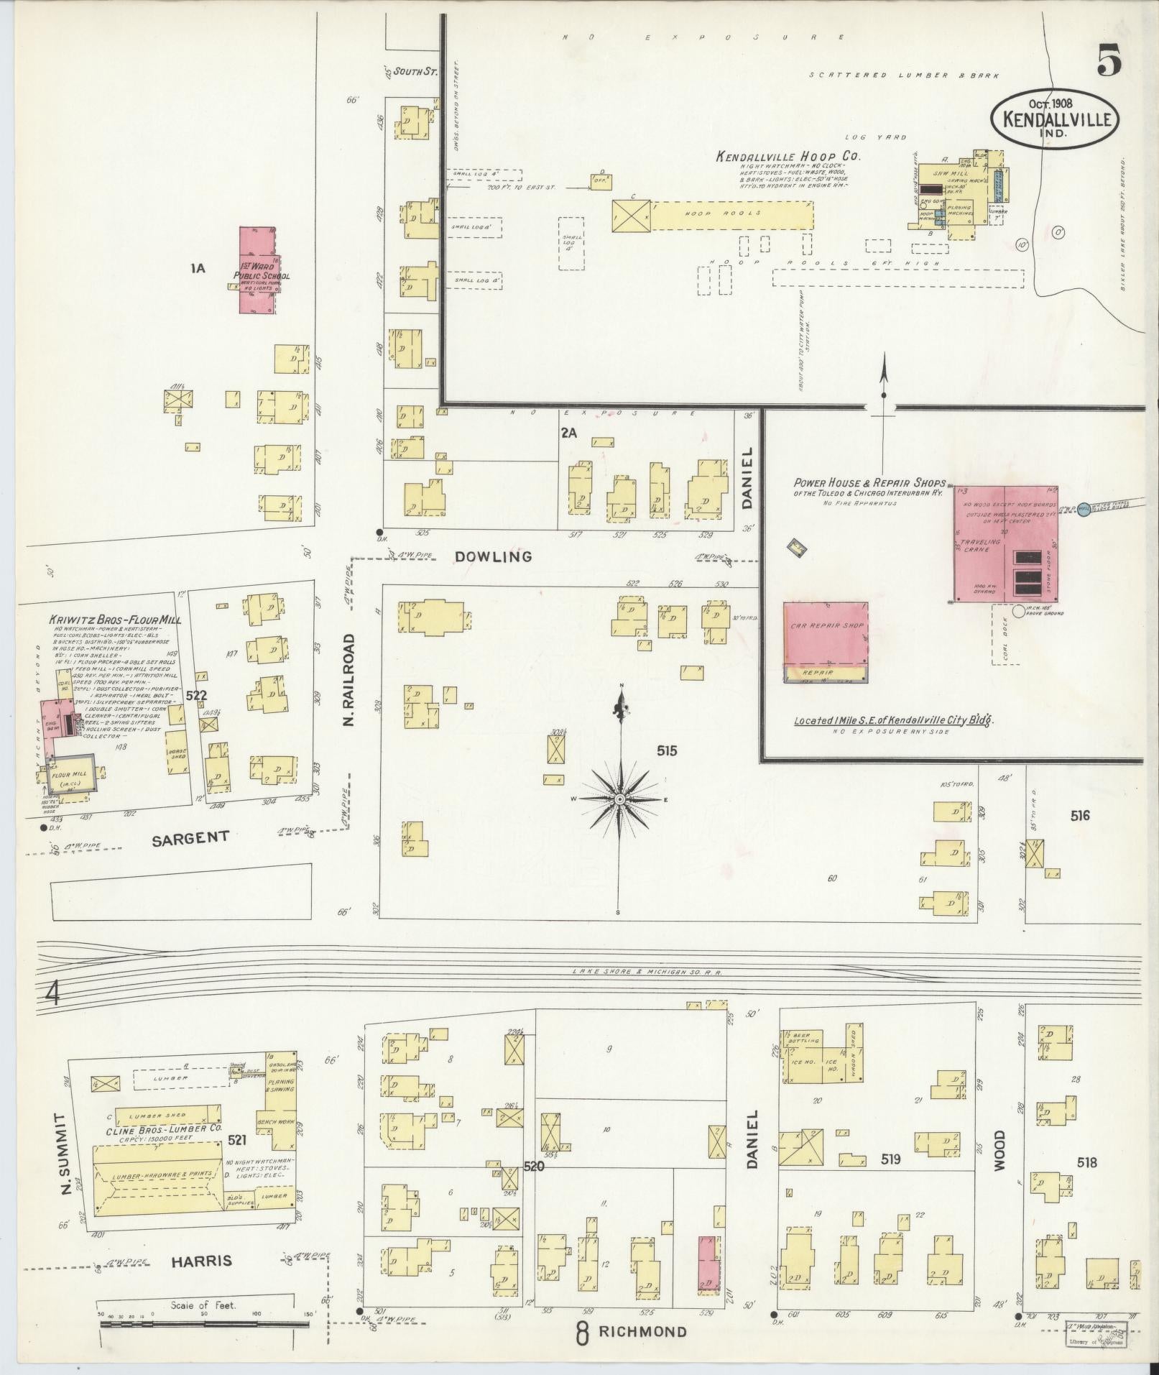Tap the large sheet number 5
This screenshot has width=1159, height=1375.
1109,60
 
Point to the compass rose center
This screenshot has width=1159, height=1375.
619,799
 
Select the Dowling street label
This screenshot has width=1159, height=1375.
502,556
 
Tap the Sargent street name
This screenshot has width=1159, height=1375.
190,837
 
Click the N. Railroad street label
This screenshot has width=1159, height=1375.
350,679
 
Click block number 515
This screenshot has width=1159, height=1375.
666,751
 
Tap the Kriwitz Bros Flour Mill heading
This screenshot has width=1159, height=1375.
115,620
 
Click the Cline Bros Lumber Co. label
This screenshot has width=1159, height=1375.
165,1149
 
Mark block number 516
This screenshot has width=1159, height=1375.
1079,815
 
